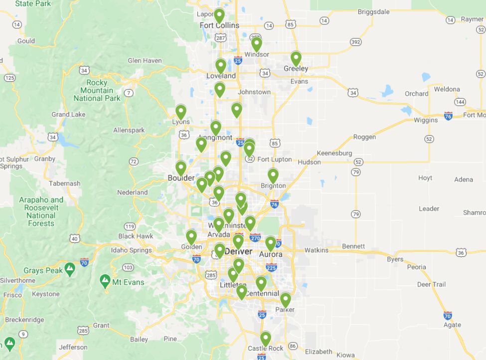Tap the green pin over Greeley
pyautogui.click(x=296, y=58)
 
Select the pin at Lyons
pyautogui.click(x=181, y=112)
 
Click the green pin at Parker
pyautogui.click(x=285, y=300)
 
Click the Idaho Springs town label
pyautogui.click(x=132, y=250)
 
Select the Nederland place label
pyautogui.click(x=133, y=192)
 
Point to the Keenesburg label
pyautogui.click(x=334, y=153)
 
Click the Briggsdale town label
pyautogui.click(x=374, y=11)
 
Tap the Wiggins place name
pyautogui.click(x=426, y=120)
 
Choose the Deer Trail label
pyautogui.click(x=431, y=284)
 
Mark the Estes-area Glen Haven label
pyautogui.click(x=145, y=61)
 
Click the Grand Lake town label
pyautogui.click(x=68, y=114)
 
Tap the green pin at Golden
pyautogui.click(x=191, y=237)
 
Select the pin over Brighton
pyautogui.click(x=273, y=176)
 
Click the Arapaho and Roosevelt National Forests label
pyautogui.click(x=41, y=211)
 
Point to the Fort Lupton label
pyautogui.click(x=275, y=159)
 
